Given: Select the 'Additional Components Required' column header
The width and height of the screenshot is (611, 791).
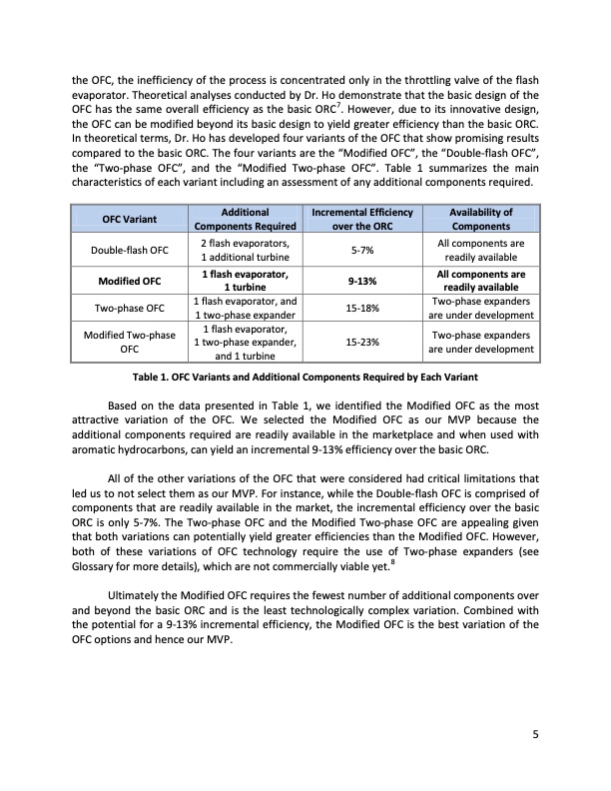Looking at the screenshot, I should (245, 219).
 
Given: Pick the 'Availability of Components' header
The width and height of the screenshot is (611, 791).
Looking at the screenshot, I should (481, 219).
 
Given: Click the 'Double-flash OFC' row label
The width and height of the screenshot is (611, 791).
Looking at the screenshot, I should (130, 250).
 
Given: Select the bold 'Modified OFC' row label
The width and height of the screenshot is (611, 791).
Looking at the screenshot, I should (130, 281).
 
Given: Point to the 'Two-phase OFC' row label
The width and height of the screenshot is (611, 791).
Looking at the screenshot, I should (130, 309).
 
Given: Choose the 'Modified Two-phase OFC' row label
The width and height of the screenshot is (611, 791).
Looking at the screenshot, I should (130, 342).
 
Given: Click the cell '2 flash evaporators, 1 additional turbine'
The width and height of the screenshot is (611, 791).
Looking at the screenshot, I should (245, 250).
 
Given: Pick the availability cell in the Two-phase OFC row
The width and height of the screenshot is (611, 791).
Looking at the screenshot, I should (481, 309).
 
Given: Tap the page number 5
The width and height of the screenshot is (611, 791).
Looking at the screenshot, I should (535, 736).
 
